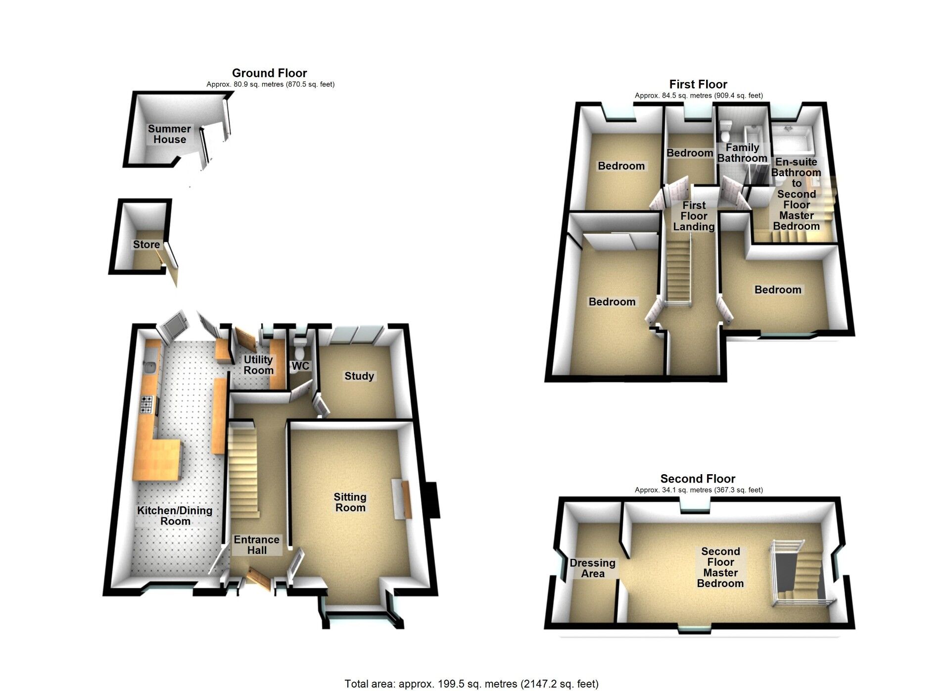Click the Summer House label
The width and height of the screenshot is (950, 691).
point(169,134)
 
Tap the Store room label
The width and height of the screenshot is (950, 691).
point(146,245)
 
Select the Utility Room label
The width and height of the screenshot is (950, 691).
point(258,365)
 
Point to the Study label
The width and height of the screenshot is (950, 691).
point(359,376)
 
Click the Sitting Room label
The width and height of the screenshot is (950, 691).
point(350,502)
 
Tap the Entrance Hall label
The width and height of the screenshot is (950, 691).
point(257,545)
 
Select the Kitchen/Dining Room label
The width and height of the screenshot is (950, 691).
point(175,516)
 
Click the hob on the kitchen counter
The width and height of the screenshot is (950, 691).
point(147,404)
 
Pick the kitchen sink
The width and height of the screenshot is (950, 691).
point(150,367)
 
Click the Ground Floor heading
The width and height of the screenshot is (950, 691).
point(270,73)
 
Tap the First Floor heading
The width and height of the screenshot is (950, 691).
point(698,84)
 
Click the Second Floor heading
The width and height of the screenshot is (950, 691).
point(698,479)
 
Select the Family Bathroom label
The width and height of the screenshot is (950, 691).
point(742,153)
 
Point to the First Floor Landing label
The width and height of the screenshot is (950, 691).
point(694,216)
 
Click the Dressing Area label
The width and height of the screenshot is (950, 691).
point(593,568)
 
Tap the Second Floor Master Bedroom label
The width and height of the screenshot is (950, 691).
point(720,567)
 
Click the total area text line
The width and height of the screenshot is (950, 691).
point(472,684)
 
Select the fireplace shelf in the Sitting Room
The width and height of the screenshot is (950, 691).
point(402,499)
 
